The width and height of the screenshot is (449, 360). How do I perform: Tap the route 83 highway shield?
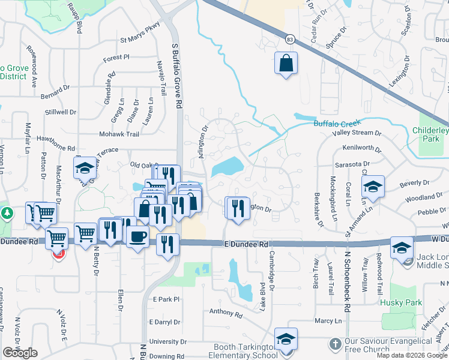point(290,39)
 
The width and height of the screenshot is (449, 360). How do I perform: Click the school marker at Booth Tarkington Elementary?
point(286,338)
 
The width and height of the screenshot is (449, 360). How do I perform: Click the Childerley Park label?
point(431,135)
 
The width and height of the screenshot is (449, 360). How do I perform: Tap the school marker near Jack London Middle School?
point(402,247)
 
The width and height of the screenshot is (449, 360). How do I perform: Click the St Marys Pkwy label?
point(140,41)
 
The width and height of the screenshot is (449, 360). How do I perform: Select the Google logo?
point(20,353)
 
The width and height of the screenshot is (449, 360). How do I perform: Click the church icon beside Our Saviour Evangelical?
point(336,344)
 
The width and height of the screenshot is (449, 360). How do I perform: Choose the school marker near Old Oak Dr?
point(85,168)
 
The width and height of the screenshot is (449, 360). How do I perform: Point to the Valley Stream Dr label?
point(357,133)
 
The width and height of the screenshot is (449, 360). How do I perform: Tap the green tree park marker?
point(7,212)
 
